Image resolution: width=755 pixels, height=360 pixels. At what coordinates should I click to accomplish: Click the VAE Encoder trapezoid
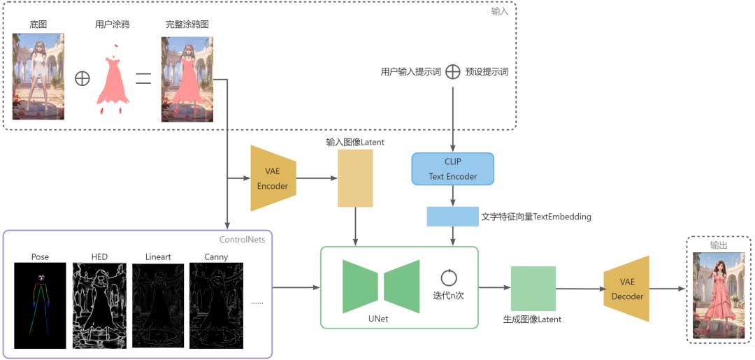click(x=273, y=178)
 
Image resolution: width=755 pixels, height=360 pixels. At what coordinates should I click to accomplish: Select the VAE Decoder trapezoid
click(x=626, y=289)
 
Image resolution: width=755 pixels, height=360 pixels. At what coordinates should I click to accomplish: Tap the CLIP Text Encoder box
click(x=453, y=169)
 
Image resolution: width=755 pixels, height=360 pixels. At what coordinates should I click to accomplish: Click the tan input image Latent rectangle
click(x=355, y=178)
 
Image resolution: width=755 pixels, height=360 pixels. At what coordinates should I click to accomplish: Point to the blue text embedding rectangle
click(x=453, y=217)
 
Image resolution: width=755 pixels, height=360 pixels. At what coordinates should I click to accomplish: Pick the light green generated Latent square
click(x=533, y=288)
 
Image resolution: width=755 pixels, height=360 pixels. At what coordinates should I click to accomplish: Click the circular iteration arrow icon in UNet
click(x=448, y=278)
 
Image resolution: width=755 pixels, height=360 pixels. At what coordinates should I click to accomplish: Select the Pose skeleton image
click(x=40, y=305)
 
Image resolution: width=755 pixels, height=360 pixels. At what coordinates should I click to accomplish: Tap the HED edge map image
click(x=99, y=305)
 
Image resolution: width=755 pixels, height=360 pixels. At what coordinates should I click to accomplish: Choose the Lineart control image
click(x=157, y=305)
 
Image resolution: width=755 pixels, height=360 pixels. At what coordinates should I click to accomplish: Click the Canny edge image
click(x=216, y=305)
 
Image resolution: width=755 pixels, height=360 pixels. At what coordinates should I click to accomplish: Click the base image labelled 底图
click(x=38, y=76)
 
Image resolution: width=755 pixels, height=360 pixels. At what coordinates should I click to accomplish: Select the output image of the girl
click(x=719, y=295)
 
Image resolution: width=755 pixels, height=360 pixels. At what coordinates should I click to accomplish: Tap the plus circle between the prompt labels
click(x=453, y=71)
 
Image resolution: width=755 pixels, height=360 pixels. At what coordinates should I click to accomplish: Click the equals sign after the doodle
click(x=143, y=78)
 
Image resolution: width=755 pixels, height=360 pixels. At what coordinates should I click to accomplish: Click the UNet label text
click(x=378, y=319)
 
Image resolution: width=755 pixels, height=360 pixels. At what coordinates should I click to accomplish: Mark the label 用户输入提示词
click(x=410, y=72)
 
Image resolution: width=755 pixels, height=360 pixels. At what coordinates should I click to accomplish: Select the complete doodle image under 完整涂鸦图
click(x=187, y=79)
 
